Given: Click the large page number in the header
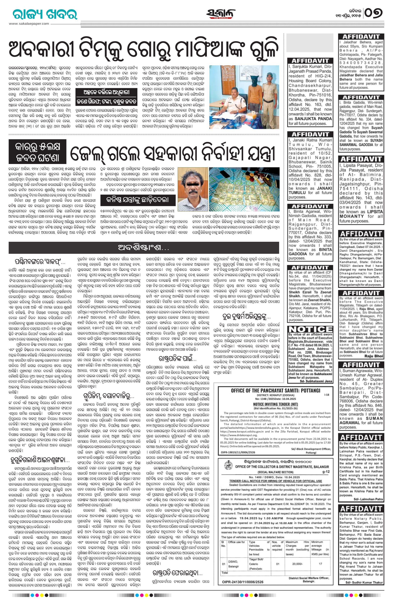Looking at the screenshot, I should [x=374, y=13].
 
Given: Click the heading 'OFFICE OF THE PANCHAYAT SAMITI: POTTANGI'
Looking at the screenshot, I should [x=275, y=390].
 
